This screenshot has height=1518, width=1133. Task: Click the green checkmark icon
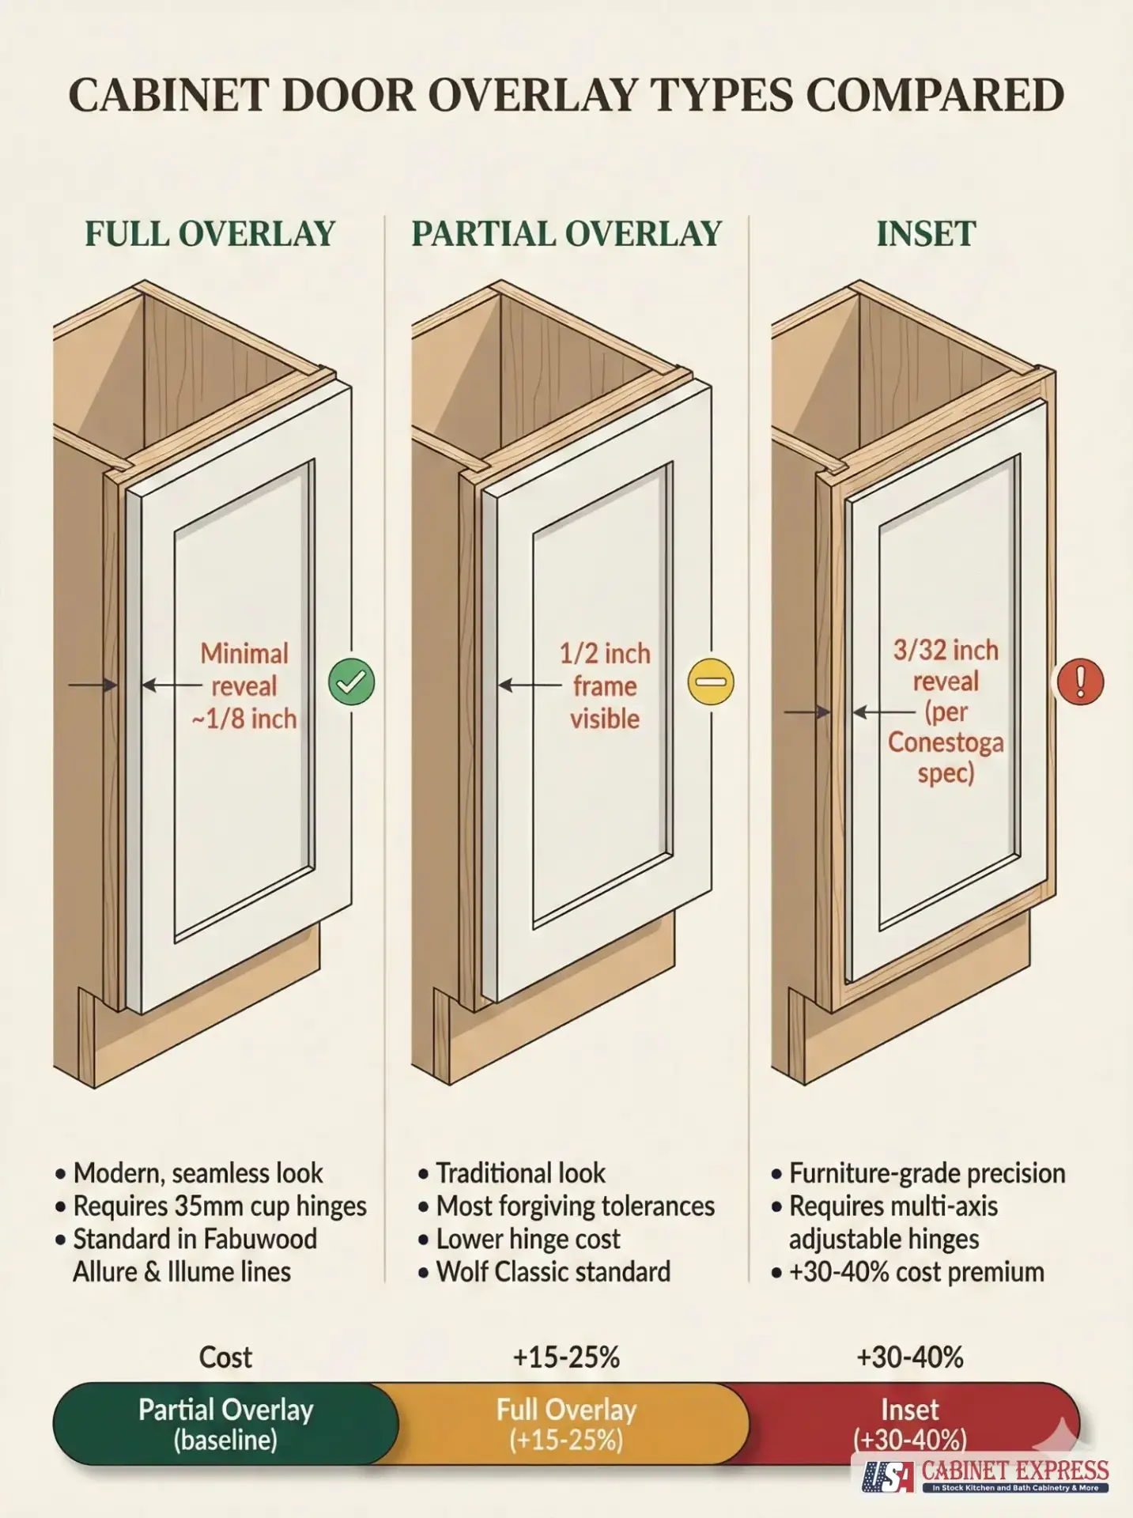[351, 682]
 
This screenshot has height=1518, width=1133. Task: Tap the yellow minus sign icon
[711, 682]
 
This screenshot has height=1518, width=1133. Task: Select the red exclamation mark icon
[1080, 682]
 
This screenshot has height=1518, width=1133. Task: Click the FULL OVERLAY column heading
[210, 234]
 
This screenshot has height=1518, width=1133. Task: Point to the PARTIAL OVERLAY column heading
[566, 234]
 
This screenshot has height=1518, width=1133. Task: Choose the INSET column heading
[926, 234]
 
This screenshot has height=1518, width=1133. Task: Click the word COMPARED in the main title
[935, 96]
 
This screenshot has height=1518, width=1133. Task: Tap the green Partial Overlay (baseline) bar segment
[225, 1424]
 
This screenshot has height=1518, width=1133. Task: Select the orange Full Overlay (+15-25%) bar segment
[566, 1424]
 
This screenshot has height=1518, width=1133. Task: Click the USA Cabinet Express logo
[985, 1475]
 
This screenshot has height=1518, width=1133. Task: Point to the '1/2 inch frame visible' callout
[605, 685]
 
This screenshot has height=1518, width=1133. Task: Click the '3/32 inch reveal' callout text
[946, 665]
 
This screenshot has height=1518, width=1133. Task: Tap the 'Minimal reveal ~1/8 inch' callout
[244, 685]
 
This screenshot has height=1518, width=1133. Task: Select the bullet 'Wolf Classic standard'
[553, 1271]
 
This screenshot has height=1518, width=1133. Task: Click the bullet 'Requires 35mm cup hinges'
[220, 1206]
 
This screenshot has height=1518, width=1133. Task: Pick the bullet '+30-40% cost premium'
[916, 1271]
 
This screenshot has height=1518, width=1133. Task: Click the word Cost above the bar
[225, 1357]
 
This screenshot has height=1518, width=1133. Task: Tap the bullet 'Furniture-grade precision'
[927, 1172]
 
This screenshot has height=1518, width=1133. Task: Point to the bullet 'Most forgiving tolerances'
[575, 1206]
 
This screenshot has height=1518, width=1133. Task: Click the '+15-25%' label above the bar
[566, 1357]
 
